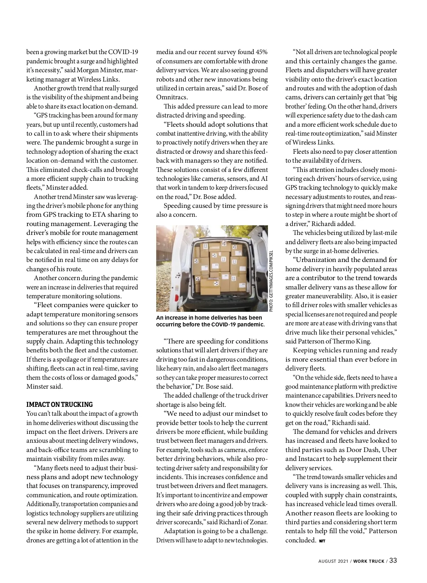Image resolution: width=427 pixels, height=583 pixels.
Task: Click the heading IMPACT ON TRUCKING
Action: [59, 404]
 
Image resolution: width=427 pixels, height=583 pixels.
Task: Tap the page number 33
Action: [393, 560]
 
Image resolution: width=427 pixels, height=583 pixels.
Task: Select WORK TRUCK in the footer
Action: [369, 561]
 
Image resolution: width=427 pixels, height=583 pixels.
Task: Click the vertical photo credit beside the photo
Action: [271, 281]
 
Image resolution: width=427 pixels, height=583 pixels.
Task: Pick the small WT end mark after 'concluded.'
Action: [322, 541]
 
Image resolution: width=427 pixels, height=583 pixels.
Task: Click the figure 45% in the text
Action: [261, 52]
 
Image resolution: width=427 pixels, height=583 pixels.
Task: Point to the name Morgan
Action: [88, 70]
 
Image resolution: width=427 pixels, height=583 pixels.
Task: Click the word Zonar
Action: [258, 522]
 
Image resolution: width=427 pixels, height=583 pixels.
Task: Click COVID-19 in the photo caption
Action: [225, 325]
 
